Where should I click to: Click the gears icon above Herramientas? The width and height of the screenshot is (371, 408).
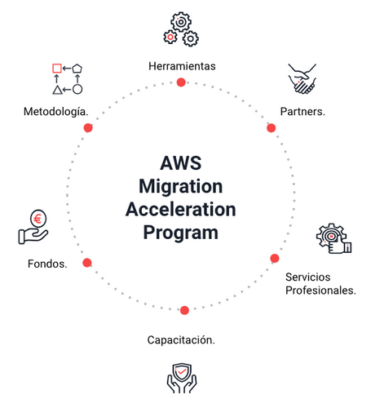point(181,29)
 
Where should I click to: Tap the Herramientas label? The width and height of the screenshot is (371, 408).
point(182,65)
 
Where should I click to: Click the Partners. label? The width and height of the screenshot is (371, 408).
point(303,111)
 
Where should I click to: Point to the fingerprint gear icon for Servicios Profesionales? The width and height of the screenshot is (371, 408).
point(333,237)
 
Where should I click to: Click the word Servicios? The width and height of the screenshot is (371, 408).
point(308,277)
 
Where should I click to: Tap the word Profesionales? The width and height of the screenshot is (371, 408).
point(321,290)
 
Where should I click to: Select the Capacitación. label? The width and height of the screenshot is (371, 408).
point(181,339)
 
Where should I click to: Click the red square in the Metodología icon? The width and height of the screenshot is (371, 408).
point(57,69)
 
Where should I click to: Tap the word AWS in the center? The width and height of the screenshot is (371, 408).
point(181,162)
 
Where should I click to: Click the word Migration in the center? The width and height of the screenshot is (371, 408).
point(181,185)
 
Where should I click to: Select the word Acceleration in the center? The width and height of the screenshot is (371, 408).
point(181,209)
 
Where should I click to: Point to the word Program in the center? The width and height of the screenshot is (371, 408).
point(181,233)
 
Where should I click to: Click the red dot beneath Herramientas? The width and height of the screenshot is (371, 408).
point(181,82)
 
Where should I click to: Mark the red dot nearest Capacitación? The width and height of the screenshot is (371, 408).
point(184,310)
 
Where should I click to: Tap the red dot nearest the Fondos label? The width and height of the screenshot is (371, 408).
point(87,262)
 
